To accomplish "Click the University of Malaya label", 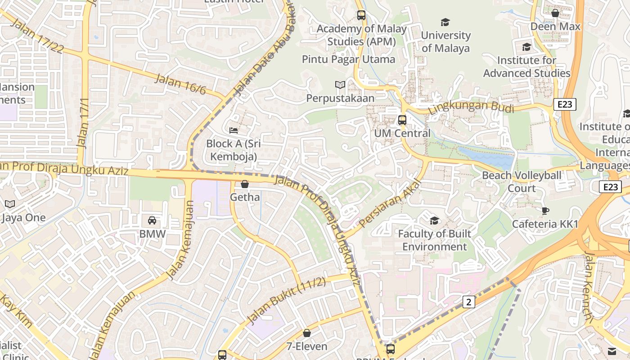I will click(445, 41).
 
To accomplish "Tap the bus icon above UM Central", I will click(402, 120).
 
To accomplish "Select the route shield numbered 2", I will click(468, 302).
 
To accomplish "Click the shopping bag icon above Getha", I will click(245, 184).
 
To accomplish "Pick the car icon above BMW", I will click(152, 220).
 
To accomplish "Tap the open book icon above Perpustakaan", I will click(340, 85).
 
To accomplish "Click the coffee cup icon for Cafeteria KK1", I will click(545, 211).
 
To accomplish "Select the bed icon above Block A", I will click(233, 130).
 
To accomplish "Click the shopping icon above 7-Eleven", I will click(306, 333).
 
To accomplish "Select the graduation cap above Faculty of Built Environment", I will click(434, 220).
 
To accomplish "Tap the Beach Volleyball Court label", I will click(522, 181).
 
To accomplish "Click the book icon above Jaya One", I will click(10, 204).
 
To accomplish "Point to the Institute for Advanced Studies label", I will click(526, 67).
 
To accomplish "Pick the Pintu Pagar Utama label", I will click(348, 59).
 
